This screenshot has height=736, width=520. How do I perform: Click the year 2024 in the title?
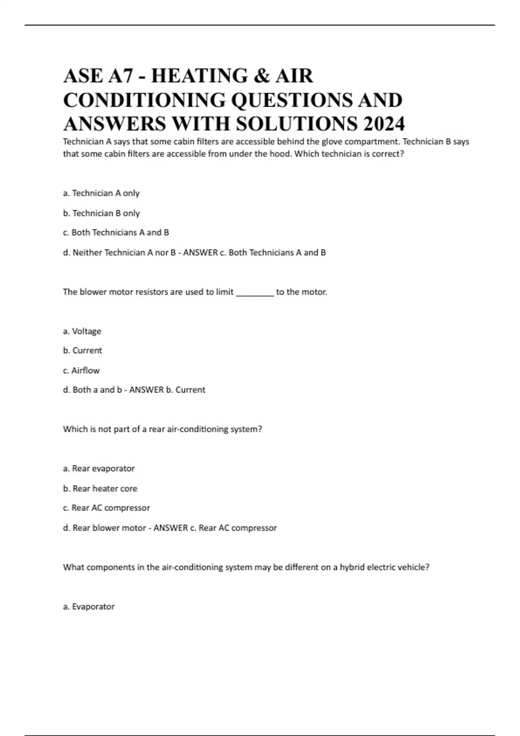pyautogui.click(x=384, y=124)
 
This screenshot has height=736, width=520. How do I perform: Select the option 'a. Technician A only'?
pyautogui.click(x=101, y=193)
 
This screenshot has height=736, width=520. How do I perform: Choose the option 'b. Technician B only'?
pyautogui.click(x=101, y=213)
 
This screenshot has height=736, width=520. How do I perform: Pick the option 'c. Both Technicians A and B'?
pyautogui.click(x=116, y=232)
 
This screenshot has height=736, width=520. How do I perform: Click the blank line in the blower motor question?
pyautogui.click(x=254, y=293)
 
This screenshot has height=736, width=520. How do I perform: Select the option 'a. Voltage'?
pyautogui.click(x=82, y=331)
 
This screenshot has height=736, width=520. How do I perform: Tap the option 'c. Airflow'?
pyautogui.click(x=81, y=371)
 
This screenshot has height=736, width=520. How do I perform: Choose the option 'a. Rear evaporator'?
pyautogui.click(x=99, y=468)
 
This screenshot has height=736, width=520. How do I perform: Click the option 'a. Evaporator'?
pyautogui.click(x=89, y=607)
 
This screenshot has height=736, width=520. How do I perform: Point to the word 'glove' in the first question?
pyautogui.click(x=332, y=142)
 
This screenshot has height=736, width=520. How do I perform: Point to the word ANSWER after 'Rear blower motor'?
pyautogui.click(x=171, y=528)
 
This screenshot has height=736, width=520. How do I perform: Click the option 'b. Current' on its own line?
pyautogui.click(x=82, y=350)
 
